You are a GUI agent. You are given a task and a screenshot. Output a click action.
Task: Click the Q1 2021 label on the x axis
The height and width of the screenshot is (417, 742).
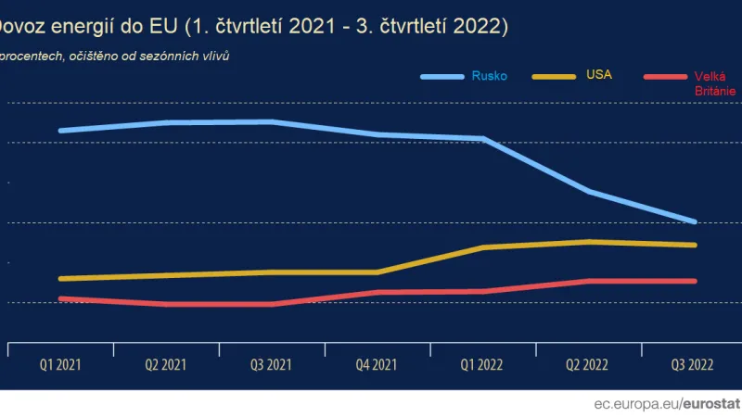click(x=60, y=365)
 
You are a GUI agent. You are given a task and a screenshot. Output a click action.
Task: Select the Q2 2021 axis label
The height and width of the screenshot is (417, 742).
click(x=165, y=365)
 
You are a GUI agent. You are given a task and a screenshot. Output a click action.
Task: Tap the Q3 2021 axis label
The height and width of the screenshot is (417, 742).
click(x=271, y=365)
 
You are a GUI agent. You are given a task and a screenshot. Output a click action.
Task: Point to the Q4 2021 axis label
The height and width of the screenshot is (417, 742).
click(x=377, y=365)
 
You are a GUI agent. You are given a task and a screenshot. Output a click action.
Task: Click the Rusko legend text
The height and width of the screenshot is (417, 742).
click(x=489, y=76)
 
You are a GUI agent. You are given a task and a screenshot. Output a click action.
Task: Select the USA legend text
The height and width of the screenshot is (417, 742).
click(x=599, y=74)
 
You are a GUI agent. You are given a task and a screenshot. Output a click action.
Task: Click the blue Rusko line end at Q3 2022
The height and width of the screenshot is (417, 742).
click(x=696, y=221)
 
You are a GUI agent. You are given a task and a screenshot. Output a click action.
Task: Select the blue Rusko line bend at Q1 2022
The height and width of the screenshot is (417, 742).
click(x=483, y=139)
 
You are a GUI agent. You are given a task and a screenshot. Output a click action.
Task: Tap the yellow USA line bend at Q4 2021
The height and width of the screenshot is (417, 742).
click(x=377, y=272)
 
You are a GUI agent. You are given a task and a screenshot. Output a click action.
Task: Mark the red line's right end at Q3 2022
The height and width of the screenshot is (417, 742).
click(x=696, y=281)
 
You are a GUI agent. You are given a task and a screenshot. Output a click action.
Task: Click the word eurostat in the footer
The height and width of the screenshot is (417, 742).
click(x=712, y=404)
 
